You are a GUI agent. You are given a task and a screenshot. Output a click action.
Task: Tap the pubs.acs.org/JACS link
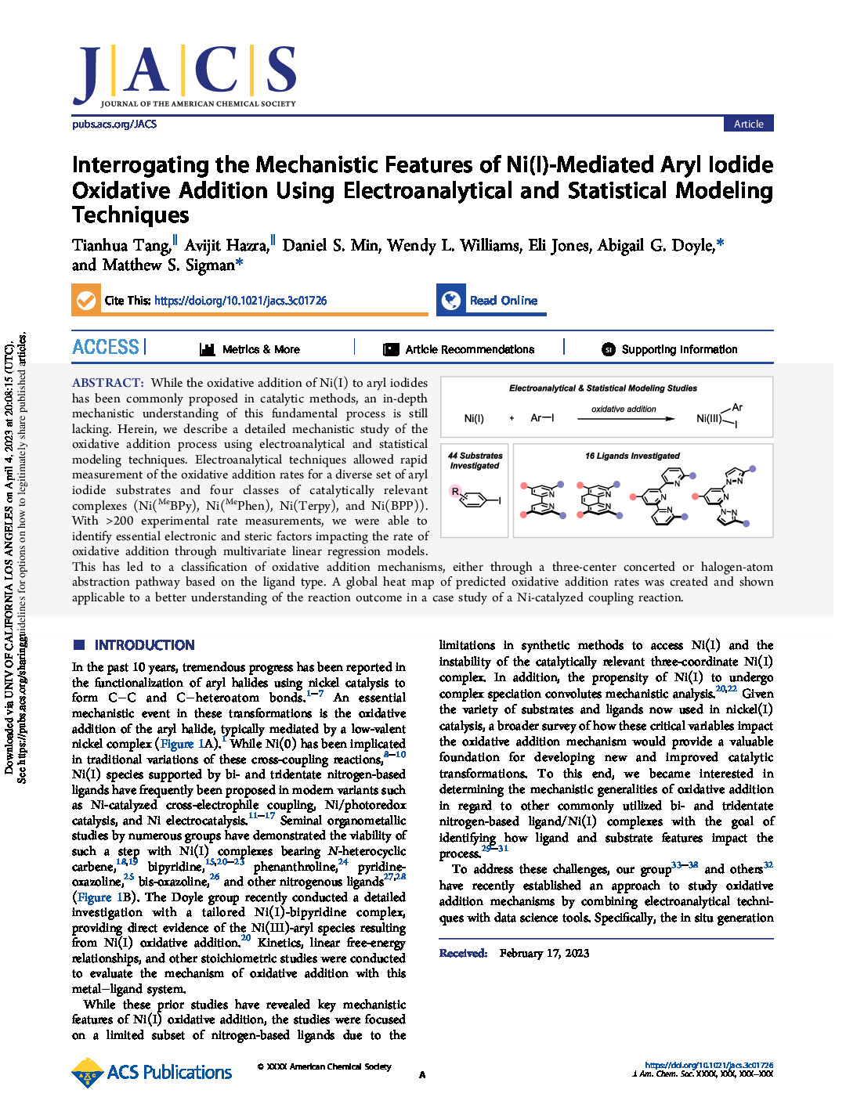[114, 124]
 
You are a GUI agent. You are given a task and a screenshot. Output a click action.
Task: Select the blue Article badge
[748, 124]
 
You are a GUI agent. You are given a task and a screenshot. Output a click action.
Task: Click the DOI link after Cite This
[240, 301]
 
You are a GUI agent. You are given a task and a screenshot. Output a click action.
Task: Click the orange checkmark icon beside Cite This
[85, 300]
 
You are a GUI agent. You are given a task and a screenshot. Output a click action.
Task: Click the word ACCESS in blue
[106, 347]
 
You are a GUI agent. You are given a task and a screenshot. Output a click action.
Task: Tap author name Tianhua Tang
[121, 246]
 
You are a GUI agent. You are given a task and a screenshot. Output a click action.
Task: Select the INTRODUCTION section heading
[144, 645]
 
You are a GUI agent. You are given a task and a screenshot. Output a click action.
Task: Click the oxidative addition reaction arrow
[625, 419]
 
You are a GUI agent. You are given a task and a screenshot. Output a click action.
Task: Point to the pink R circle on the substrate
[455, 491]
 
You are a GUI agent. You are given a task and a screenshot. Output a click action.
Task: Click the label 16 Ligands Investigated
[632, 456]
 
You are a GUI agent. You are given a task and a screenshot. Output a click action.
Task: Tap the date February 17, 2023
[544, 953]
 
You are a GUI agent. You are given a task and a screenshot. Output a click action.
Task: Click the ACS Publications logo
[152, 1072]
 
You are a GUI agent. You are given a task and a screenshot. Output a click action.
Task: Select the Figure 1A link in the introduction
[187, 744]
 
